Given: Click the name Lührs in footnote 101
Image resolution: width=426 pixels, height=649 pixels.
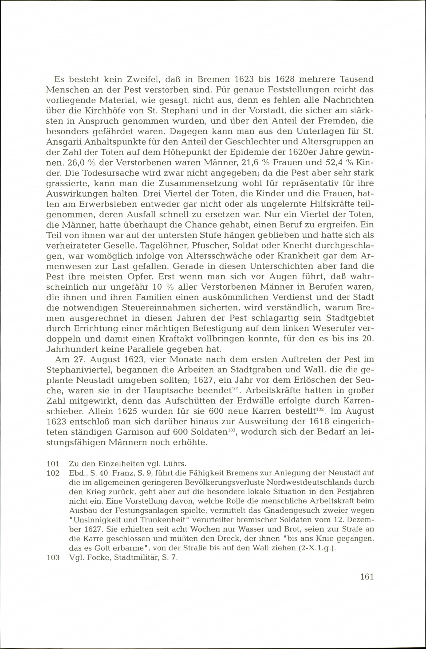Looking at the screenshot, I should point(176,464).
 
